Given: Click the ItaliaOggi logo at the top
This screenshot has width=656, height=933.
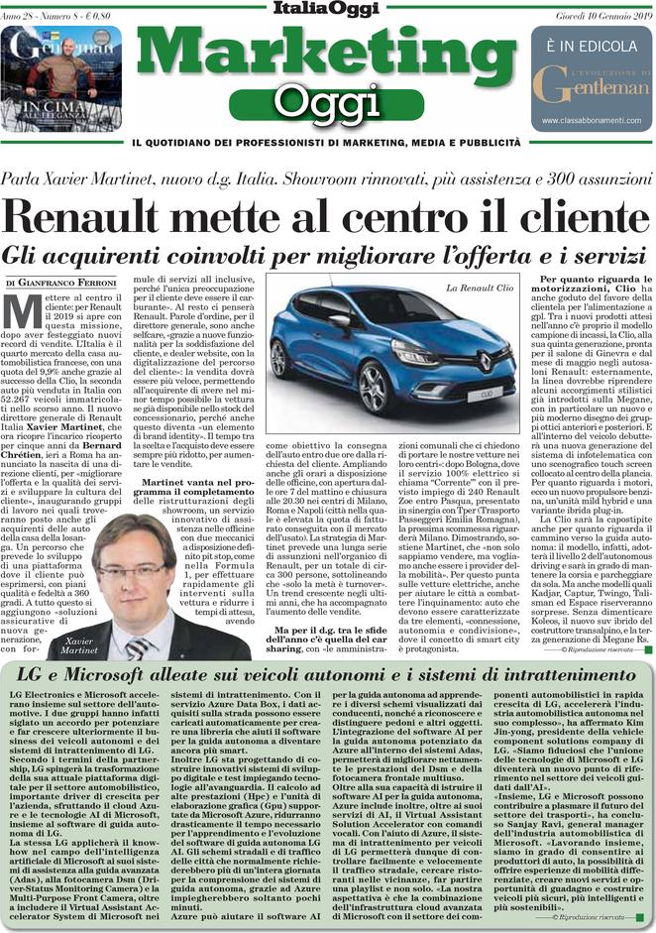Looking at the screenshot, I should point(327,10).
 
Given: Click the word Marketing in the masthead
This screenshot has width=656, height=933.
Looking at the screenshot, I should point(327,52).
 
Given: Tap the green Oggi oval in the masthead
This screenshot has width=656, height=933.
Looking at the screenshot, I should point(327,101).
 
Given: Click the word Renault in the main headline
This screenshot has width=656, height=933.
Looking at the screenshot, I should point(109,216).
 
